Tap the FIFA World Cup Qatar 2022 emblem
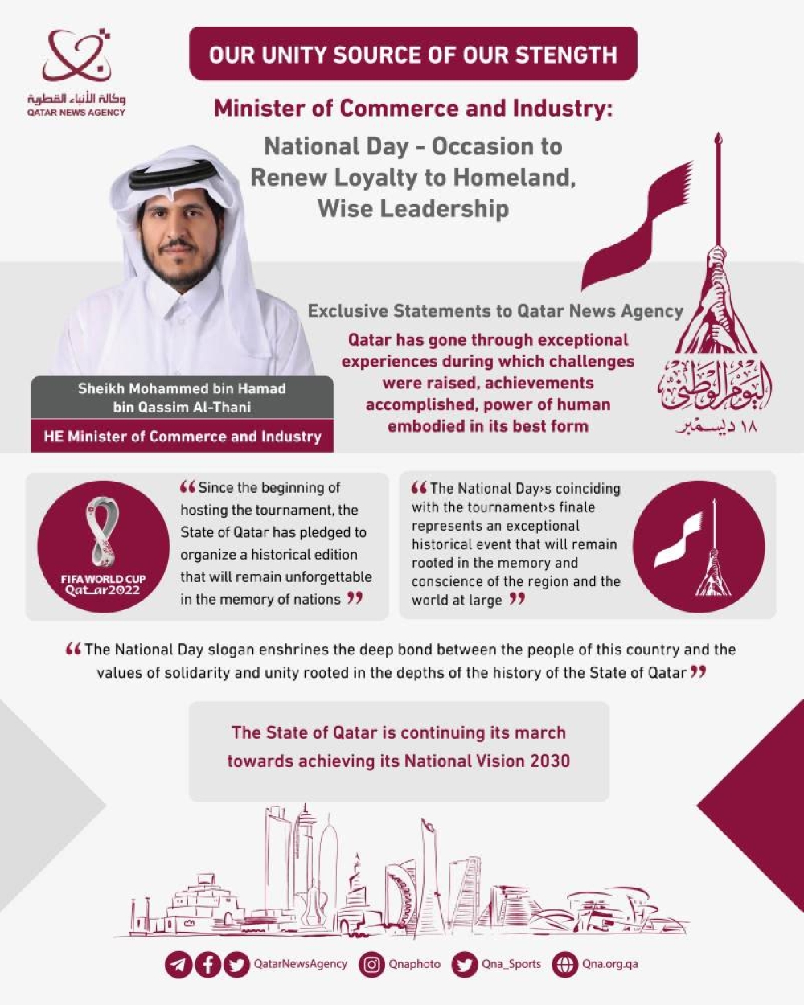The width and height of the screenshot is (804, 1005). coord(103,547)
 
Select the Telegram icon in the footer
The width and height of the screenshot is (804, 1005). coord(178,964)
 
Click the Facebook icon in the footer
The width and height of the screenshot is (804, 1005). coord(207,964)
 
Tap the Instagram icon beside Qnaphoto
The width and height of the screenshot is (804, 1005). coord(371,964)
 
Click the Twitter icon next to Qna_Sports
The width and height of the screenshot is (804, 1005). coord(465,964)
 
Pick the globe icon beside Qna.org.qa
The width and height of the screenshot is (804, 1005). coord(565,964)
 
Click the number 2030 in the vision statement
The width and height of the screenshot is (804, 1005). coord(549,761)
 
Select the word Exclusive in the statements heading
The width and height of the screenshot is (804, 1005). coord(347,311)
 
